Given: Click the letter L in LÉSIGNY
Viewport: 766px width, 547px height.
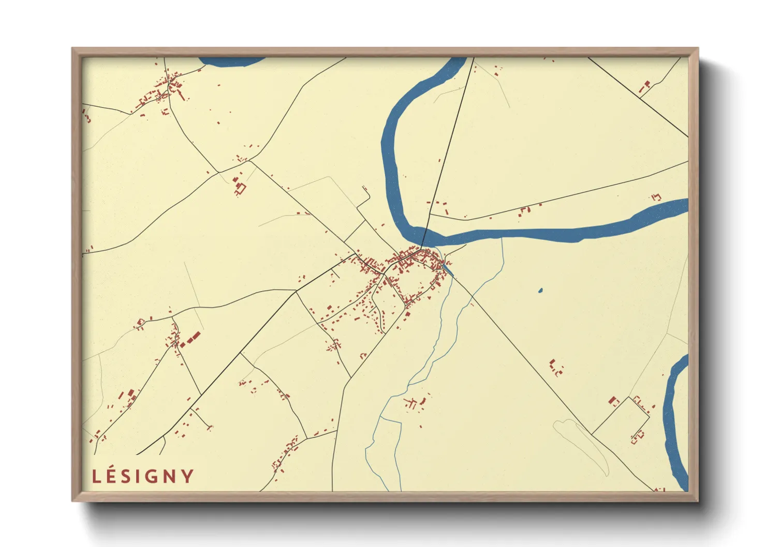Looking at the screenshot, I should pyautogui.click(x=96, y=477).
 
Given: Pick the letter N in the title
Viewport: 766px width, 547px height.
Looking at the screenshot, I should pyautogui.click(x=169, y=477).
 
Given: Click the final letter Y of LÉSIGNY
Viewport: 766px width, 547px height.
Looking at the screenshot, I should pyautogui.click(x=187, y=477).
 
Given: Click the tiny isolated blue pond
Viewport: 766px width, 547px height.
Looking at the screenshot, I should pyautogui.click(x=540, y=291).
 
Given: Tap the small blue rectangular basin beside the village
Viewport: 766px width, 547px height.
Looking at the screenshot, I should pyautogui.click(x=448, y=269).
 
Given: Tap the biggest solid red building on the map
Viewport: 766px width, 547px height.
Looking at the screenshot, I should pyautogui.click(x=192, y=339).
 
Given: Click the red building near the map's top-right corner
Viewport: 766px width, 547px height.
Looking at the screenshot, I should pyautogui.click(x=646, y=85).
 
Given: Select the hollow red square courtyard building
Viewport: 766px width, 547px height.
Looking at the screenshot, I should pyautogui.click(x=240, y=189).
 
